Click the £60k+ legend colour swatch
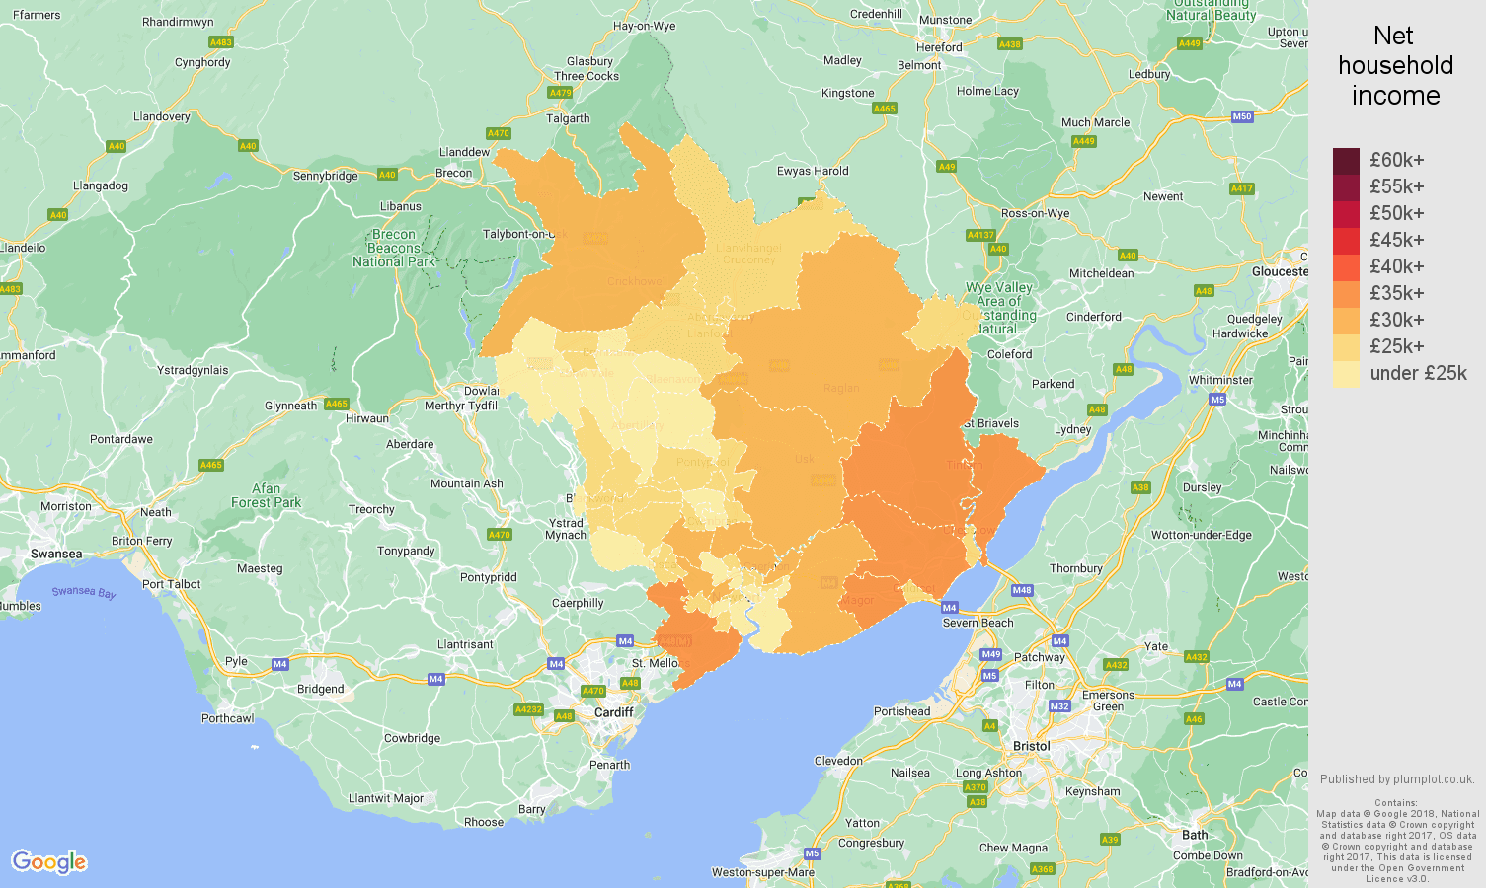coord(1346,161)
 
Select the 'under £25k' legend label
coord(1418,373)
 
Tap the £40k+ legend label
coord(1396,266)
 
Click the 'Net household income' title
coord(1394,66)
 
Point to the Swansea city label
coord(56,554)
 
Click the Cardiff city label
coord(613,712)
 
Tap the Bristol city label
coord(1031,746)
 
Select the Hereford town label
coord(938,47)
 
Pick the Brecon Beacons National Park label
coord(394,249)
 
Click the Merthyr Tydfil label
coord(461,406)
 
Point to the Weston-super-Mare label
coord(763,872)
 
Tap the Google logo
coord(49,862)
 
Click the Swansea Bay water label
coord(84,592)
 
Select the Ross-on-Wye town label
coord(1035,213)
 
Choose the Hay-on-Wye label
coord(644,27)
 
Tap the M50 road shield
coord(1241,116)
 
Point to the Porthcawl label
coord(227,718)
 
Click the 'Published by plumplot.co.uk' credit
coord(1396,779)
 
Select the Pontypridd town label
coord(488,577)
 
